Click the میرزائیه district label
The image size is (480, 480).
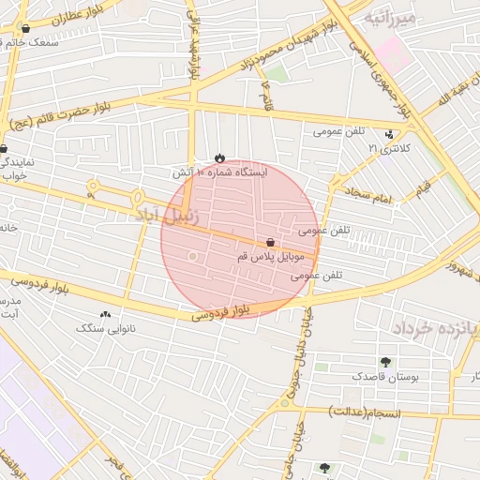387,17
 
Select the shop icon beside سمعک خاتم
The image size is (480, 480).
25,29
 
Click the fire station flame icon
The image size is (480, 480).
219,157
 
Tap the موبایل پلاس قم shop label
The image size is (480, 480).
267,256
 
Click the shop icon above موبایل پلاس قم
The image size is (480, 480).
270,242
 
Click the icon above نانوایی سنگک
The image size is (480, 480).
104,315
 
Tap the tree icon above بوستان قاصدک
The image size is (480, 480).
385,362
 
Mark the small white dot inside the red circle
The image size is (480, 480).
193,256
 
